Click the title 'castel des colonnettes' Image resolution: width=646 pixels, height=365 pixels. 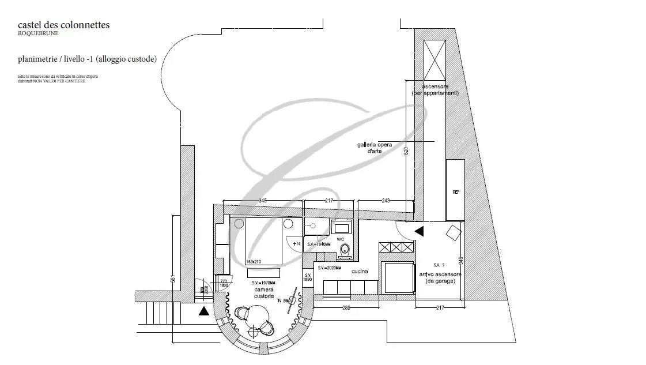click(64, 25)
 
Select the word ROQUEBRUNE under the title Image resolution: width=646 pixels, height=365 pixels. click(38, 33)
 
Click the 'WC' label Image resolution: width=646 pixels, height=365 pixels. click(340, 238)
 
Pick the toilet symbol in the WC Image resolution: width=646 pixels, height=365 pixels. click(345, 249)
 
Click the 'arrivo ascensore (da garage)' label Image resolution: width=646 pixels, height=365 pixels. click(440, 277)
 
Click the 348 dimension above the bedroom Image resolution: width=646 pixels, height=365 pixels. click(263, 201)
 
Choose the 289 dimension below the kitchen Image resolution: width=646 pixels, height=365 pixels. click(347, 308)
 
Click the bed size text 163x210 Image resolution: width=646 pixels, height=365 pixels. click(253, 262)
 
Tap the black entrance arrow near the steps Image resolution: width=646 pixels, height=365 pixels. click(203, 312)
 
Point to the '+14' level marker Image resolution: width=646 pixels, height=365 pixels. click(296, 244)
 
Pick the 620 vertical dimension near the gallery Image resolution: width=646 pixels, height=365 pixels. click(406, 151)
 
